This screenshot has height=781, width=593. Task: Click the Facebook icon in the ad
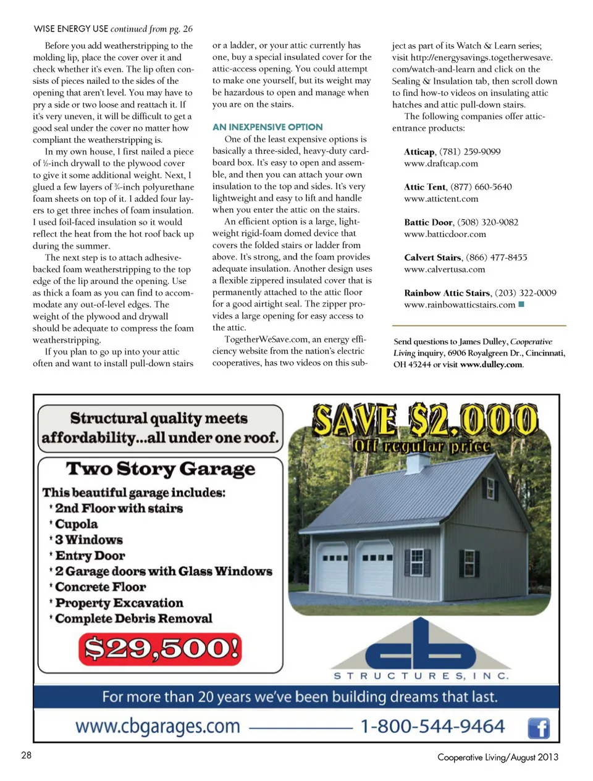click(x=539, y=728)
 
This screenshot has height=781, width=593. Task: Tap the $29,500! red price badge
click(x=160, y=649)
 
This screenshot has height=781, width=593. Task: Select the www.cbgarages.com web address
click(x=158, y=726)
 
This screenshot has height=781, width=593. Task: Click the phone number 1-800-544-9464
click(x=432, y=726)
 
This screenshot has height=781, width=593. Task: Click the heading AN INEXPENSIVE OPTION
click(x=267, y=127)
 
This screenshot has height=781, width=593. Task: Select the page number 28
click(x=27, y=754)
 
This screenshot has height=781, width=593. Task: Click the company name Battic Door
click(x=429, y=222)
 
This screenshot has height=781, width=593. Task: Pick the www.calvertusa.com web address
click(x=444, y=269)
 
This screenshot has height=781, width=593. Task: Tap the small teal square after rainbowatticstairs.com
click(x=521, y=304)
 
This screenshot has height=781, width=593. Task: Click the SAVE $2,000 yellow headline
click(x=425, y=421)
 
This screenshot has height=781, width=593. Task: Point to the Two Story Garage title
click(x=161, y=469)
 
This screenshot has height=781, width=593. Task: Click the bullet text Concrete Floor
click(x=101, y=587)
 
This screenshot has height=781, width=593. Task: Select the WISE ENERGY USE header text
click(x=71, y=28)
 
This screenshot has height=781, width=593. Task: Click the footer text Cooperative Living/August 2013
click(x=497, y=757)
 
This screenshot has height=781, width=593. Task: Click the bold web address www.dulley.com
click(x=491, y=364)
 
